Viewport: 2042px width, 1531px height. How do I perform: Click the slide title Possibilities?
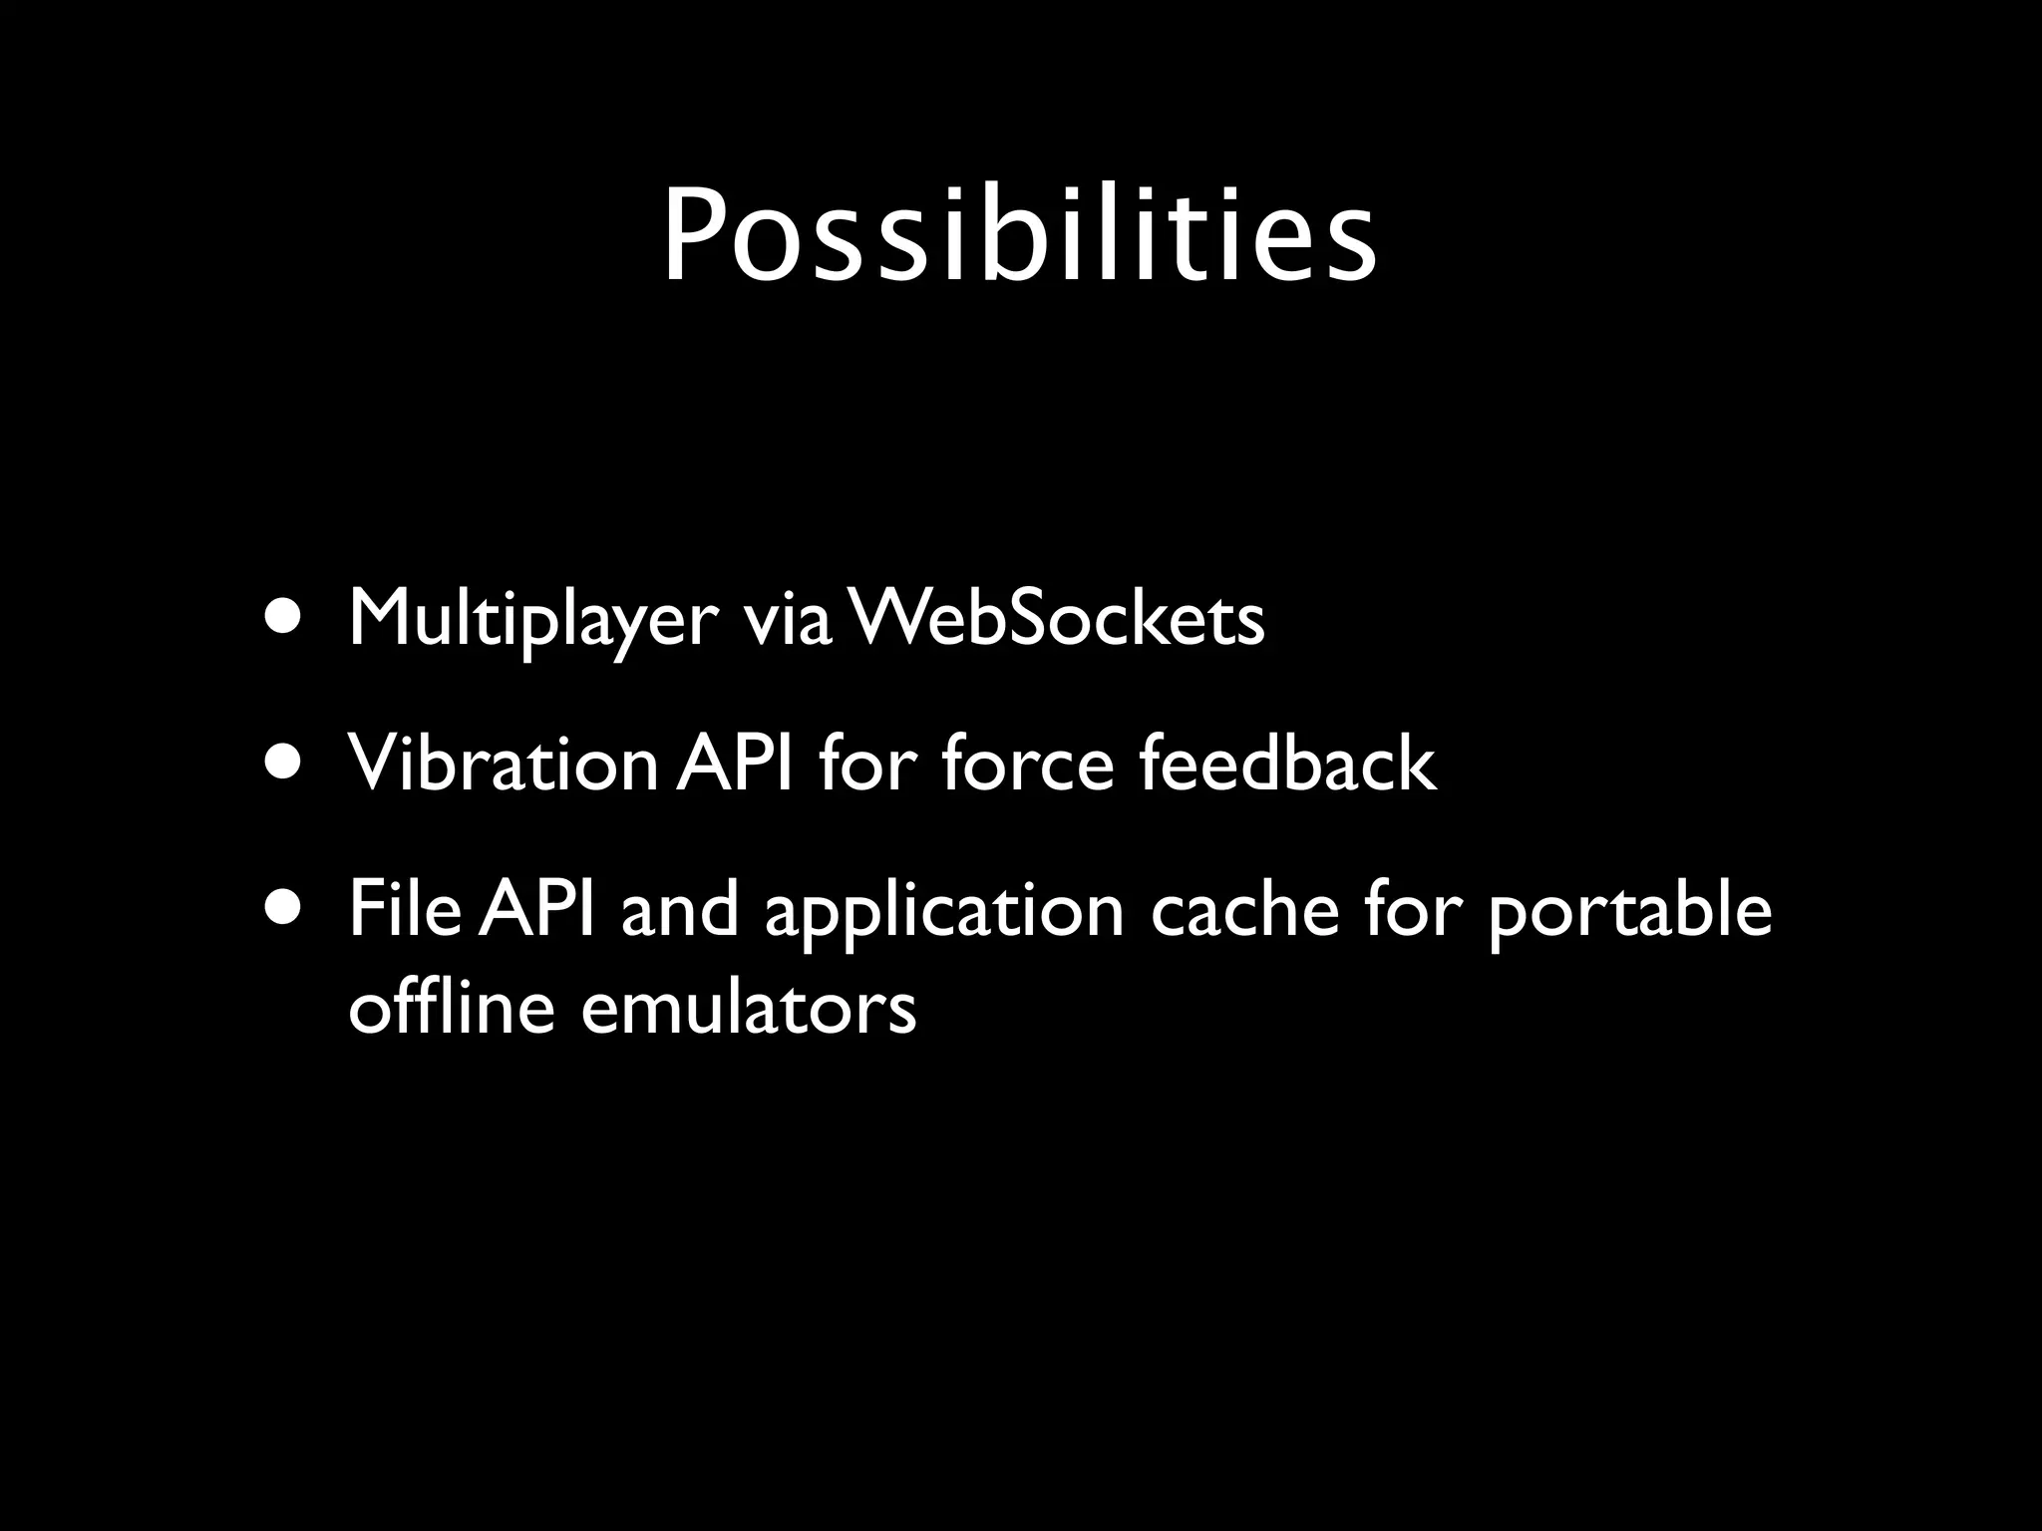tap(1019, 235)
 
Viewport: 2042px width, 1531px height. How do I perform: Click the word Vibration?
tap(502, 764)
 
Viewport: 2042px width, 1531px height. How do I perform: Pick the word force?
tap(1027, 764)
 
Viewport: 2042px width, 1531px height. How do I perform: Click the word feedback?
tap(1287, 764)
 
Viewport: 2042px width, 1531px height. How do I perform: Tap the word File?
tap(404, 909)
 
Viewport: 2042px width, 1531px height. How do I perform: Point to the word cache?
tap(1244, 909)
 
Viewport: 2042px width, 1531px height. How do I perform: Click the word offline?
tap(451, 1007)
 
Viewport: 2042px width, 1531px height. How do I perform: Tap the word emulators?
tap(748, 1007)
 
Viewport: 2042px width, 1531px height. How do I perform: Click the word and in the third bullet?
tap(680, 909)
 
